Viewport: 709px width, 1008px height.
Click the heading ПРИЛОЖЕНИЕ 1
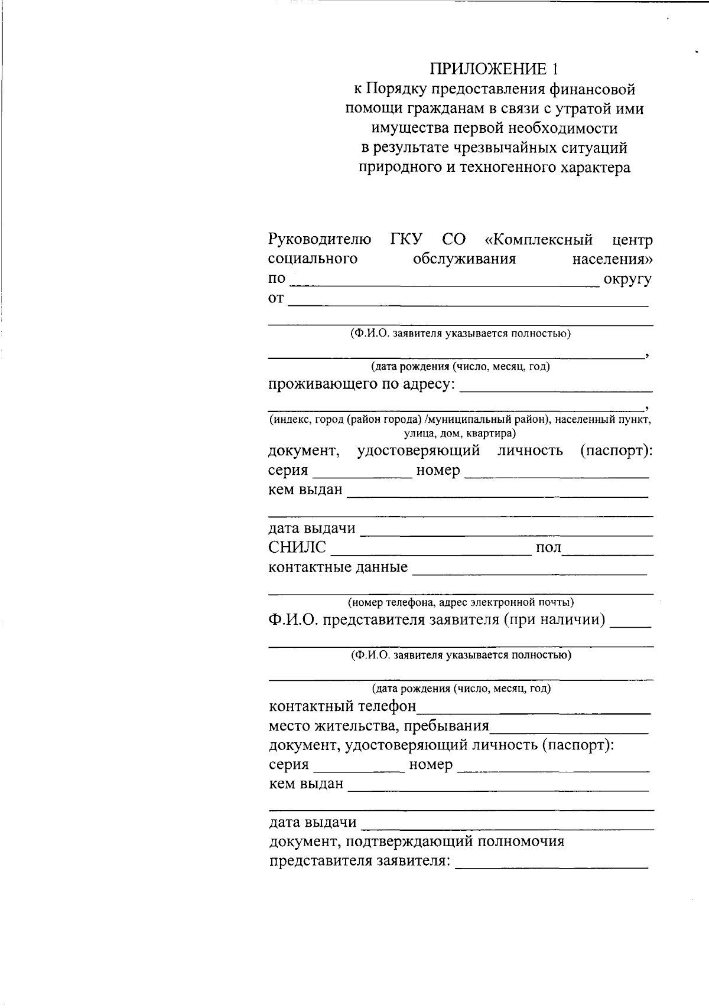(x=494, y=70)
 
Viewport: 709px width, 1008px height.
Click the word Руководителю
(x=320, y=240)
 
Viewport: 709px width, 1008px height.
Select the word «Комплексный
(x=538, y=240)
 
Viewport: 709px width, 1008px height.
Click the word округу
(x=627, y=279)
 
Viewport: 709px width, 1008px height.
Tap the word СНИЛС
(x=297, y=548)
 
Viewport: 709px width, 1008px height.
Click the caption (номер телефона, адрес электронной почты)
(x=461, y=603)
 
